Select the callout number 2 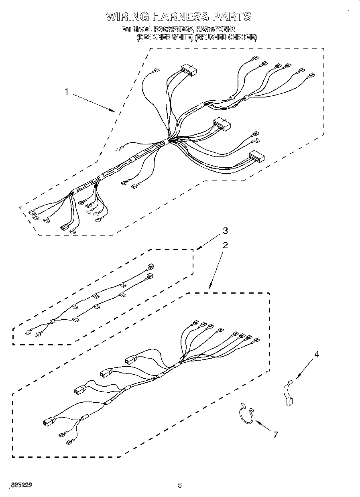click(x=226, y=245)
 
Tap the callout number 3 click(x=225, y=231)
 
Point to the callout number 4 click(x=317, y=354)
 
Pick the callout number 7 click(x=275, y=434)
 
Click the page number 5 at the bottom click(x=180, y=485)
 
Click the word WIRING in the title click(x=127, y=16)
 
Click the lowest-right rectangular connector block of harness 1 click(x=256, y=157)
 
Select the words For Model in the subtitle click(x=136, y=29)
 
